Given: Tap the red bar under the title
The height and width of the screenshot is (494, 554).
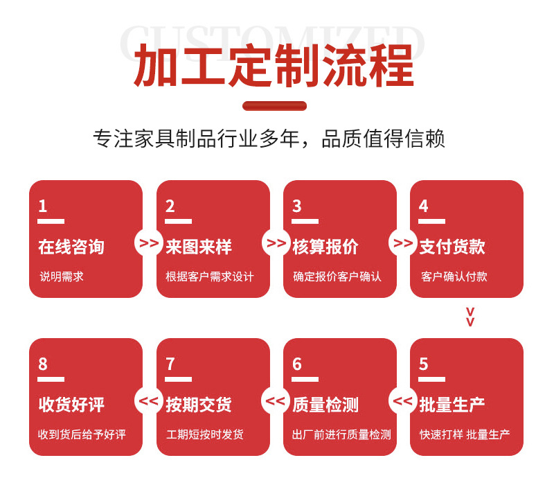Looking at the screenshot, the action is click(x=274, y=106).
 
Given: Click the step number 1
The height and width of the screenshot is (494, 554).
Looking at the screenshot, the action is click(x=43, y=206).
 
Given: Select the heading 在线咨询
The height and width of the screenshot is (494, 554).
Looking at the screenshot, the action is click(x=71, y=247).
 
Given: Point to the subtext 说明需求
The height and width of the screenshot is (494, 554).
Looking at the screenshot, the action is click(x=62, y=276).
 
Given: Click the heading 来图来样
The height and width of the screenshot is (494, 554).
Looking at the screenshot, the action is click(x=199, y=247).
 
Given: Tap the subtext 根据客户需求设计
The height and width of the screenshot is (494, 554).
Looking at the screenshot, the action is click(x=210, y=276).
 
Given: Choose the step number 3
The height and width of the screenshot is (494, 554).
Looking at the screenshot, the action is click(x=297, y=206).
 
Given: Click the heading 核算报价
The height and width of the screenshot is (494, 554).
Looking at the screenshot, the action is click(x=325, y=247).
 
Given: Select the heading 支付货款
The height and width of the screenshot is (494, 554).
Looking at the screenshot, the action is click(x=452, y=247).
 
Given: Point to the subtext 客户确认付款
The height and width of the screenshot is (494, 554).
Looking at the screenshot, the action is click(x=454, y=276).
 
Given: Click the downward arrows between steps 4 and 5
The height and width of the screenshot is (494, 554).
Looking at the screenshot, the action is click(x=470, y=317).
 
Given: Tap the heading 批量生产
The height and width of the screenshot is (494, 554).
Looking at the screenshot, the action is click(x=452, y=405).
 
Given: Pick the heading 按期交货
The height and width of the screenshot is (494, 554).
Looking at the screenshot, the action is click(x=199, y=405).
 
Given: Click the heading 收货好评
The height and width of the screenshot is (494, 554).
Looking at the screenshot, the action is click(x=71, y=405).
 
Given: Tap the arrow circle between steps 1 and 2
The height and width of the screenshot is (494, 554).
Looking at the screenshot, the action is click(x=149, y=243).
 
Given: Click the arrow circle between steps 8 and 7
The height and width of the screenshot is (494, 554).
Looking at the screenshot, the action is click(x=149, y=400).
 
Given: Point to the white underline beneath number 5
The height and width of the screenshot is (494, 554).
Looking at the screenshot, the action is click(x=432, y=379).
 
